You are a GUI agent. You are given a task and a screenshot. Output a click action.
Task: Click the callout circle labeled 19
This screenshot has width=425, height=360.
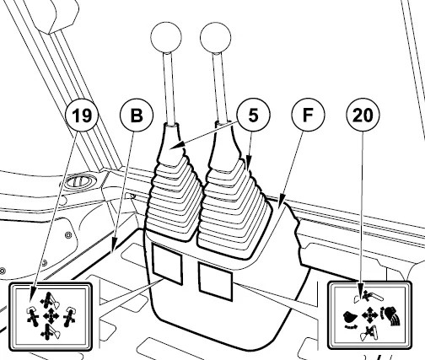(82, 115)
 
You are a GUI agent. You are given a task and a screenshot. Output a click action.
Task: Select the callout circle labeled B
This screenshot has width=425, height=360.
(137, 115)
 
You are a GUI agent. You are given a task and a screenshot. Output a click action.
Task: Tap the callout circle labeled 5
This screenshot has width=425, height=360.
(253, 115)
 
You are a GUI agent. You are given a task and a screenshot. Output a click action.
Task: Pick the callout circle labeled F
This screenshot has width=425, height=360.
(308, 115)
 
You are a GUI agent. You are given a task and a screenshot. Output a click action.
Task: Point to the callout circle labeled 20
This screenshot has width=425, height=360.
(363, 115)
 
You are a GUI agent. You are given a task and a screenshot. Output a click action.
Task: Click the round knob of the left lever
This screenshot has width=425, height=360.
(166, 37)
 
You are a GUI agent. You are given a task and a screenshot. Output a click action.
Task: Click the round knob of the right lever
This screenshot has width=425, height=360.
(216, 37)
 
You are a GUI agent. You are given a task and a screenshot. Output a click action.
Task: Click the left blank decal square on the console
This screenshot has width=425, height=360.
(167, 264)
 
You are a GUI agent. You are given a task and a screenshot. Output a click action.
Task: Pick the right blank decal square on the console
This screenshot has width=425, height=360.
(216, 281)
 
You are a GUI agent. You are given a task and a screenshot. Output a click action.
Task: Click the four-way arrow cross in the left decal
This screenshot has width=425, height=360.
(51, 316)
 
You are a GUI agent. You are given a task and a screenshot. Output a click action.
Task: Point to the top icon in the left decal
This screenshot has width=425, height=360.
(50, 300)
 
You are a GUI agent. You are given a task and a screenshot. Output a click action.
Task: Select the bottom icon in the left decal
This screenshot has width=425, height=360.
(50, 332)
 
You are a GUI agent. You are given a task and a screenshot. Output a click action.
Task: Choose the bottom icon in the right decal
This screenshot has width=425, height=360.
(369, 334)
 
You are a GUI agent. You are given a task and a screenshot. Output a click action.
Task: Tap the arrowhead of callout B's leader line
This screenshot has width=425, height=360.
(114, 248)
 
